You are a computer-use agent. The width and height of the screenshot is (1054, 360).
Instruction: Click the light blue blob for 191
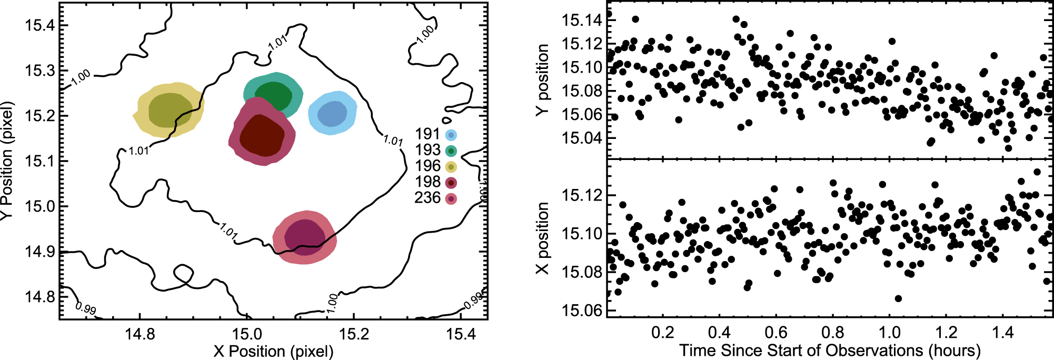pyautogui.click(x=332, y=113)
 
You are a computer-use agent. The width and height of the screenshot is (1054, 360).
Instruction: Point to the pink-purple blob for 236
pyautogui.click(x=304, y=237)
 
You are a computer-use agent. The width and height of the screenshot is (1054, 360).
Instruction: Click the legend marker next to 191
pyautogui.click(x=451, y=135)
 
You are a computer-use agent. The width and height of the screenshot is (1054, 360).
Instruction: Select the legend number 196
pyautogui.click(x=427, y=166)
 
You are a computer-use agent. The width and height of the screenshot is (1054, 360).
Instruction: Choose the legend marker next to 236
pyautogui.click(x=451, y=199)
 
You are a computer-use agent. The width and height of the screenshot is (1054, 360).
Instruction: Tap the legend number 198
pyautogui.click(x=427, y=182)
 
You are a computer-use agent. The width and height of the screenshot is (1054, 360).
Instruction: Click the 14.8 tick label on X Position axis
pyautogui.click(x=140, y=334)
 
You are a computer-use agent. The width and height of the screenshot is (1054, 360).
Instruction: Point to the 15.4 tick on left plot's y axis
pyautogui.click(x=39, y=25)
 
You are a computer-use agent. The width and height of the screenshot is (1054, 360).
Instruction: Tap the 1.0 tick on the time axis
pyautogui.click(x=890, y=333)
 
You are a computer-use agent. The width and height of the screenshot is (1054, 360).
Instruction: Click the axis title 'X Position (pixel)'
pyautogui.click(x=273, y=351)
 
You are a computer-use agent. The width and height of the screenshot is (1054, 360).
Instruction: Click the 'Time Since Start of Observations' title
pyautogui.click(x=801, y=351)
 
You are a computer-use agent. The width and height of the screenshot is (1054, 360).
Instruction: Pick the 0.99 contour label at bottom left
pyautogui.click(x=86, y=308)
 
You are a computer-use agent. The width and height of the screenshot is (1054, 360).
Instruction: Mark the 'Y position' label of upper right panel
pyautogui.click(x=542, y=79)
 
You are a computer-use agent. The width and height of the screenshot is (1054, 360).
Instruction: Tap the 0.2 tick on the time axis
pyautogui.click(x=662, y=333)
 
